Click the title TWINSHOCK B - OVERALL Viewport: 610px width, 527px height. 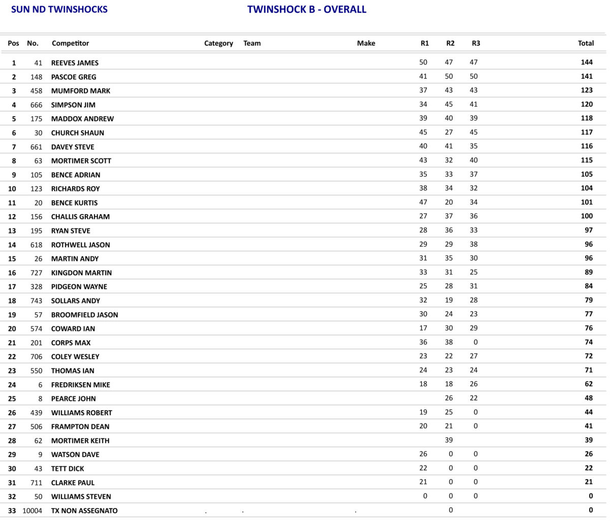(x=307, y=10)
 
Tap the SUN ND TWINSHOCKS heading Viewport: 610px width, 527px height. (x=59, y=10)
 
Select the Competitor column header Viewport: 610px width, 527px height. (x=70, y=43)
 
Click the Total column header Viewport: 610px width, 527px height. (x=586, y=43)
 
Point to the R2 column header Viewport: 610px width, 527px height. (x=450, y=43)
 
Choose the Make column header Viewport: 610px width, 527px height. (x=366, y=43)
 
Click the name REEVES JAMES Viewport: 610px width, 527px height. (x=75, y=63)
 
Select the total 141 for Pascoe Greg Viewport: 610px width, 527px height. (x=587, y=76)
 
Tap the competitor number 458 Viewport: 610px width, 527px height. (x=36, y=91)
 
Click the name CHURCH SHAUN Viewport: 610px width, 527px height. (x=77, y=133)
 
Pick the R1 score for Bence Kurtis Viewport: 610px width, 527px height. (x=423, y=202)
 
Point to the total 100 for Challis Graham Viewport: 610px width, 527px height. (x=587, y=216)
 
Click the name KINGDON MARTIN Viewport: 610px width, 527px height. (x=81, y=273)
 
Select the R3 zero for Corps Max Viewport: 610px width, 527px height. (x=475, y=342)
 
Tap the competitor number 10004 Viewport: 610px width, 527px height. (x=33, y=511)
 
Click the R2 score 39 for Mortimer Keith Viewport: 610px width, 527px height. (x=449, y=440)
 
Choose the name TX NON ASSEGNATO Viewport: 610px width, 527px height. (x=84, y=511)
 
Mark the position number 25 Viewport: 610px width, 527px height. (x=12, y=399)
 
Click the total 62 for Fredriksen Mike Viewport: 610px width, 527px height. (x=588, y=384)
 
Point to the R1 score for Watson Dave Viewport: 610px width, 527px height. (x=423, y=454)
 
